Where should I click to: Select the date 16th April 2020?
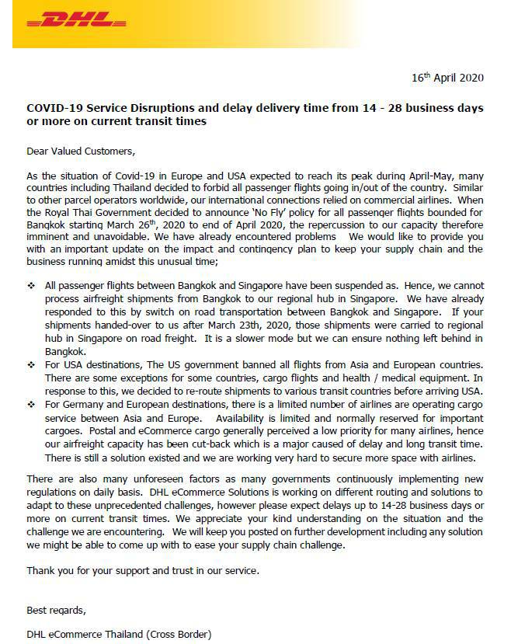click(x=447, y=78)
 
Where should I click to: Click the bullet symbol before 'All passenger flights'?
click(x=31, y=287)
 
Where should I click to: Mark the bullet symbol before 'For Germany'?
click(x=31, y=405)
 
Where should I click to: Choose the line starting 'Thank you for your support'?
click(x=143, y=571)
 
